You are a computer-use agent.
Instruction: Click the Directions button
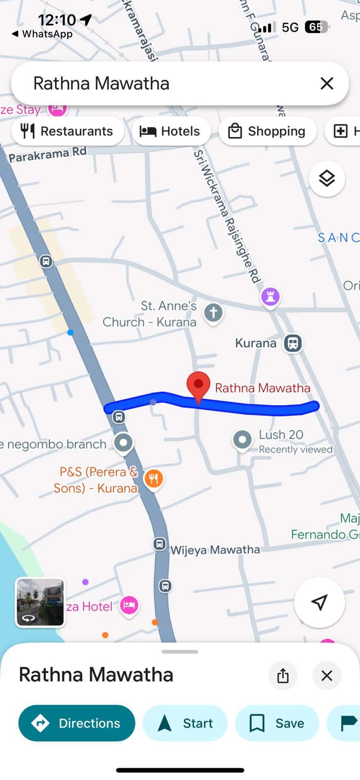[x=77, y=723]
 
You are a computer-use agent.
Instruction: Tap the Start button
[x=185, y=723]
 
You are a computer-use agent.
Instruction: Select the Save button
[x=277, y=723]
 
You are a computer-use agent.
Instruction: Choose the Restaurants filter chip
[x=67, y=131]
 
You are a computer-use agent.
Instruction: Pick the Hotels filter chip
[x=170, y=131]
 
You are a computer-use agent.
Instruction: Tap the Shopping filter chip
[x=267, y=131]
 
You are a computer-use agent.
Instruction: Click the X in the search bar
[x=327, y=83]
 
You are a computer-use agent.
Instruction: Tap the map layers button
[x=327, y=178]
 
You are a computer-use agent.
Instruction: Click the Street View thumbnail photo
[x=40, y=602]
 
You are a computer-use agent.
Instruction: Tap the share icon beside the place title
[x=283, y=676]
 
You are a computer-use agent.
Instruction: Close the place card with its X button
[x=327, y=676]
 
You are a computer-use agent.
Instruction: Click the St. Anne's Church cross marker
[x=213, y=312]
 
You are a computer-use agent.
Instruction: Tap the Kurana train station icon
[x=293, y=343]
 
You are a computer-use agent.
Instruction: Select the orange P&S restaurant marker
[x=153, y=479]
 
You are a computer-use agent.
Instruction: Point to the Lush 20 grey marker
[x=242, y=440]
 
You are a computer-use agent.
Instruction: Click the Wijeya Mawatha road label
[x=215, y=550]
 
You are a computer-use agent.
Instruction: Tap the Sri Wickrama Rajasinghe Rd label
[x=227, y=216]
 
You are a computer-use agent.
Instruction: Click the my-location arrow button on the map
[x=320, y=603]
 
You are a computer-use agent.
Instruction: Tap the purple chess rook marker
[x=271, y=296]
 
